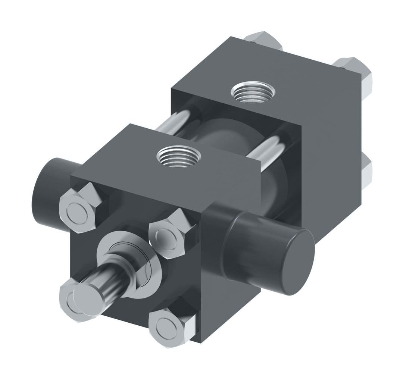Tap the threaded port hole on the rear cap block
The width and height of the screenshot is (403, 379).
click(253, 91)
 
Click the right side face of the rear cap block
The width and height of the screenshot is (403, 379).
click(336, 142)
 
